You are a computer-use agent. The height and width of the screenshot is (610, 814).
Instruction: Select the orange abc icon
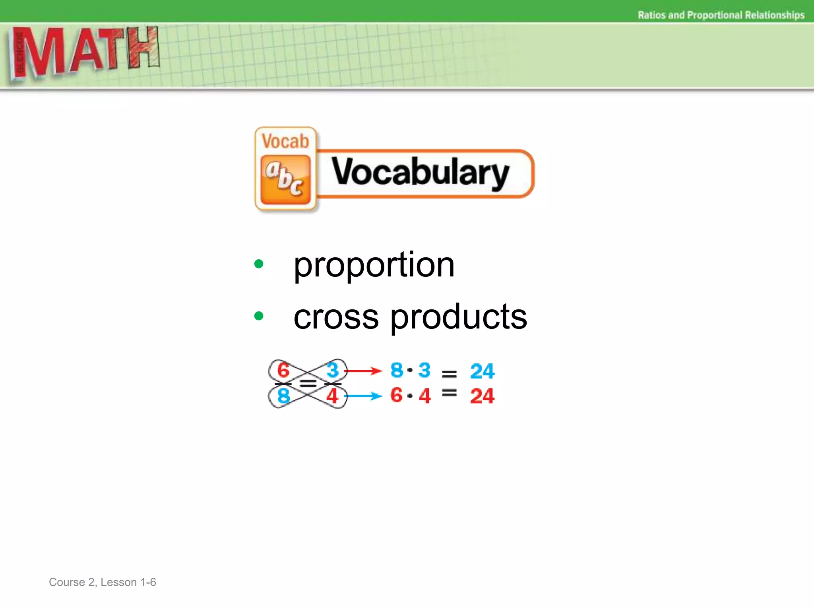tap(285, 180)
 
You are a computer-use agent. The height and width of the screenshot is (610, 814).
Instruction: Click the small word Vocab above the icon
tap(285, 141)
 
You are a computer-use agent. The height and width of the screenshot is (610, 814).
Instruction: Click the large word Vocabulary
tap(420, 172)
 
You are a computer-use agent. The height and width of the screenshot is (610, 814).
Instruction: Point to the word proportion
tap(374, 265)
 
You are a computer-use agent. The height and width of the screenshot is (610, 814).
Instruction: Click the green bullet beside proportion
tap(259, 264)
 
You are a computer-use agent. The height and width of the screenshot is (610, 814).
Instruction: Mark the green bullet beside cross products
tap(259, 316)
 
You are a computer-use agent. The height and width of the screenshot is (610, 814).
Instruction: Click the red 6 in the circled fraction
tap(283, 370)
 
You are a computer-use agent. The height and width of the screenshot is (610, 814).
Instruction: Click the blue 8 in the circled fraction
tap(283, 396)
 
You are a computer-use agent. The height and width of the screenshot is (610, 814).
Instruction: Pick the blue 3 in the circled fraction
tap(332, 370)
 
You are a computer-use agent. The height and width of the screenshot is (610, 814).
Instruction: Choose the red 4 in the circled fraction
tap(332, 396)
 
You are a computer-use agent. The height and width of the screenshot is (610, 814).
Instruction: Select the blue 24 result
tap(482, 371)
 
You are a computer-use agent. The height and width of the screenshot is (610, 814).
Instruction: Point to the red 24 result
tap(482, 396)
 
